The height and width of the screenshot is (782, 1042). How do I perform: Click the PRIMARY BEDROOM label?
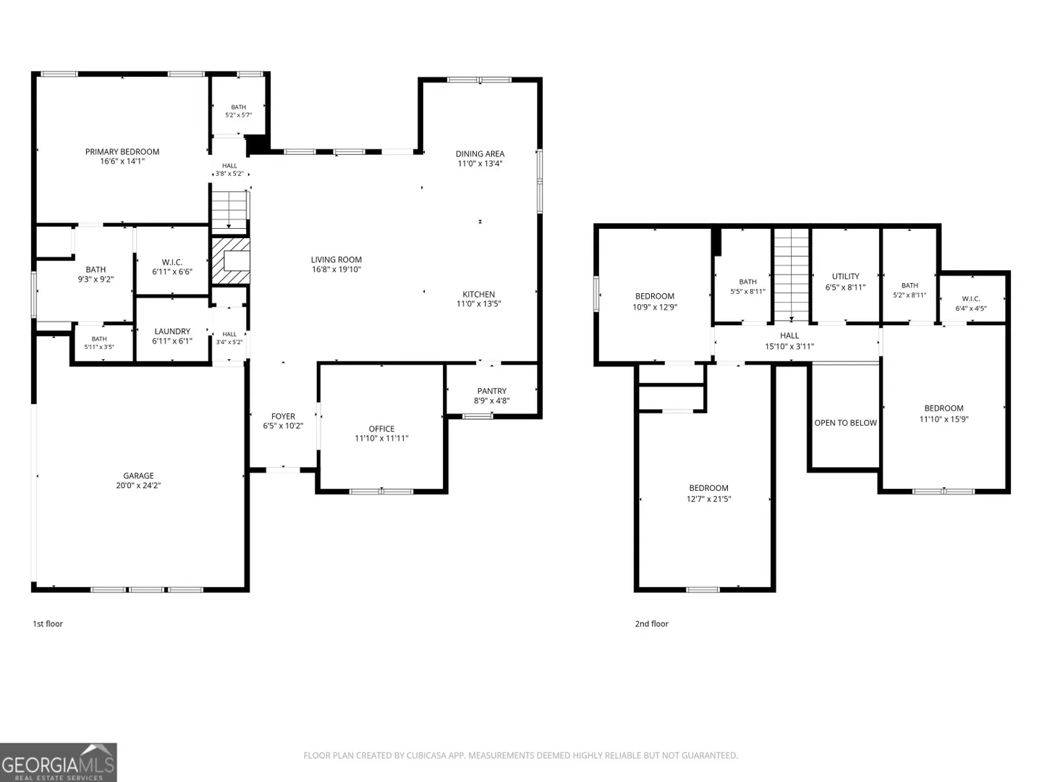point(122,152)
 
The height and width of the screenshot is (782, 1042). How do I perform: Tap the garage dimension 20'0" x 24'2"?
point(139,485)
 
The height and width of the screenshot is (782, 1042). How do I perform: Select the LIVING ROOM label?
point(336,260)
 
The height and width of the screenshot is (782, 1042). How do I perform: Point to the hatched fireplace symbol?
point(230,261)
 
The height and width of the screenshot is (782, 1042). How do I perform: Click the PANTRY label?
point(492,391)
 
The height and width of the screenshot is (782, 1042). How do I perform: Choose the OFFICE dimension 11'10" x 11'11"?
point(381,438)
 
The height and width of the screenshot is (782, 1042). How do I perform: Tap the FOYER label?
point(283,416)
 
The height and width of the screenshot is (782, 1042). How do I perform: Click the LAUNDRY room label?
point(172,332)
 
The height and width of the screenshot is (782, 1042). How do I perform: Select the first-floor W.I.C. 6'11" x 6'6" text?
point(172,267)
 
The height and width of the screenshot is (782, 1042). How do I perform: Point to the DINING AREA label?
point(480,154)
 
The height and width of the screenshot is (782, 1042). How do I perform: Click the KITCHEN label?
point(478,295)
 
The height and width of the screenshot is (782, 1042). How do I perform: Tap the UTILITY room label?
point(845,277)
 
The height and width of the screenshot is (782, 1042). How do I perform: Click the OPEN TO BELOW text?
point(845,423)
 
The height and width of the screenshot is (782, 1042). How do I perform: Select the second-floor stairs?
point(792,275)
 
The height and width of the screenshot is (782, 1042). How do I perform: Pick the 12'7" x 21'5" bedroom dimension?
point(708,499)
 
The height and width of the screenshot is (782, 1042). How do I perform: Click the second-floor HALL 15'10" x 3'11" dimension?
point(789,347)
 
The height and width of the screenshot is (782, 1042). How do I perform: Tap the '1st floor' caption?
point(48,624)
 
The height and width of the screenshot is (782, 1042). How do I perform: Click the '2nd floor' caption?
point(652,624)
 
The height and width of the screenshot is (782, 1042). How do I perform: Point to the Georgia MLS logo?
point(59,762)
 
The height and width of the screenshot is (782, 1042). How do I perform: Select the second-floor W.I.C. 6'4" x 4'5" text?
point(971,303)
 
